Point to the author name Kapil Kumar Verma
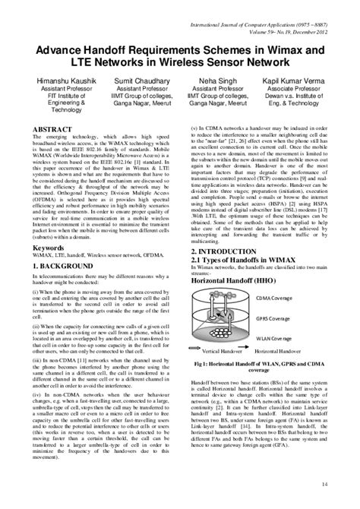tap(297, 79)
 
